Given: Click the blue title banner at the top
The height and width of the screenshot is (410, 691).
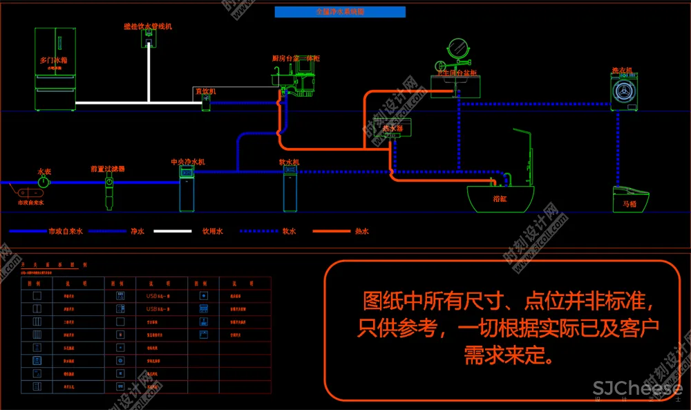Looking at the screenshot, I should tap(340, 12).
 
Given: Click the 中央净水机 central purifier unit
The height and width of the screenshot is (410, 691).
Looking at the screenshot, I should tap(187, 188).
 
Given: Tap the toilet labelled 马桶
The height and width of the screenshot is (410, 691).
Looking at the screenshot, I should tap(630, 199).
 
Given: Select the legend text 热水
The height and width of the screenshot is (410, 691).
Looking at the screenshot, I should tap(361, 232).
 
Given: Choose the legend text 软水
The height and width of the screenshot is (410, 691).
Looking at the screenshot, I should tap(289, 232).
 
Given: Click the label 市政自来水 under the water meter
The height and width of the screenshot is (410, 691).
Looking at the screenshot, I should tap(30, 203).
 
